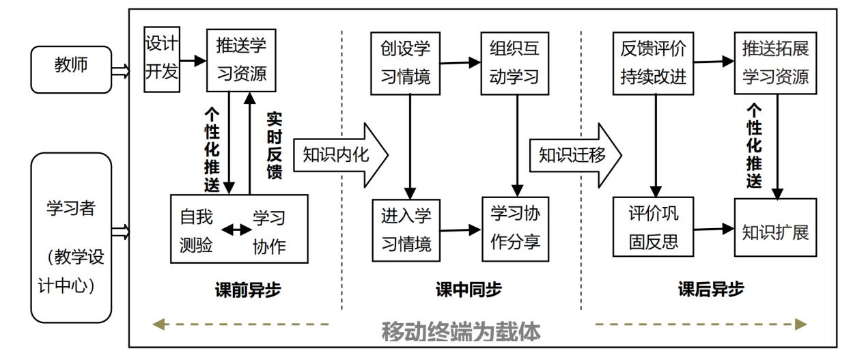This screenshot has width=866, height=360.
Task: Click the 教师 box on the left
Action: [x=71, y=69]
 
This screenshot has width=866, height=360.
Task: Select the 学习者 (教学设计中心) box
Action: [x=71, y=237]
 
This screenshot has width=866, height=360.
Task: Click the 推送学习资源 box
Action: [x=241, y=60]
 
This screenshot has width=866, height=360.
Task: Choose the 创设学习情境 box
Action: [x=406, y=62]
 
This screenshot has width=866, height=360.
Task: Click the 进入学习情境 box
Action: [x=406, y=230]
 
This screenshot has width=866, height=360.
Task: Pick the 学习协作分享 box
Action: [x=515, y=229]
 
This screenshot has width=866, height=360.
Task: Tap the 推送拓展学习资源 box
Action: [x=775, y=62]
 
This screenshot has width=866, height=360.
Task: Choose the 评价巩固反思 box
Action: [x=654, y=229]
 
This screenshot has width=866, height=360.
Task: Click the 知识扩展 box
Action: [x=775, y=229]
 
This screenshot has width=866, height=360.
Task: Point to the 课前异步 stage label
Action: [x=247, y=290]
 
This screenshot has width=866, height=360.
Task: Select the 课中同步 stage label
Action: [x=469, y=290]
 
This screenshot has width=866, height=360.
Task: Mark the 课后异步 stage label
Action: [x=711, y=290]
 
